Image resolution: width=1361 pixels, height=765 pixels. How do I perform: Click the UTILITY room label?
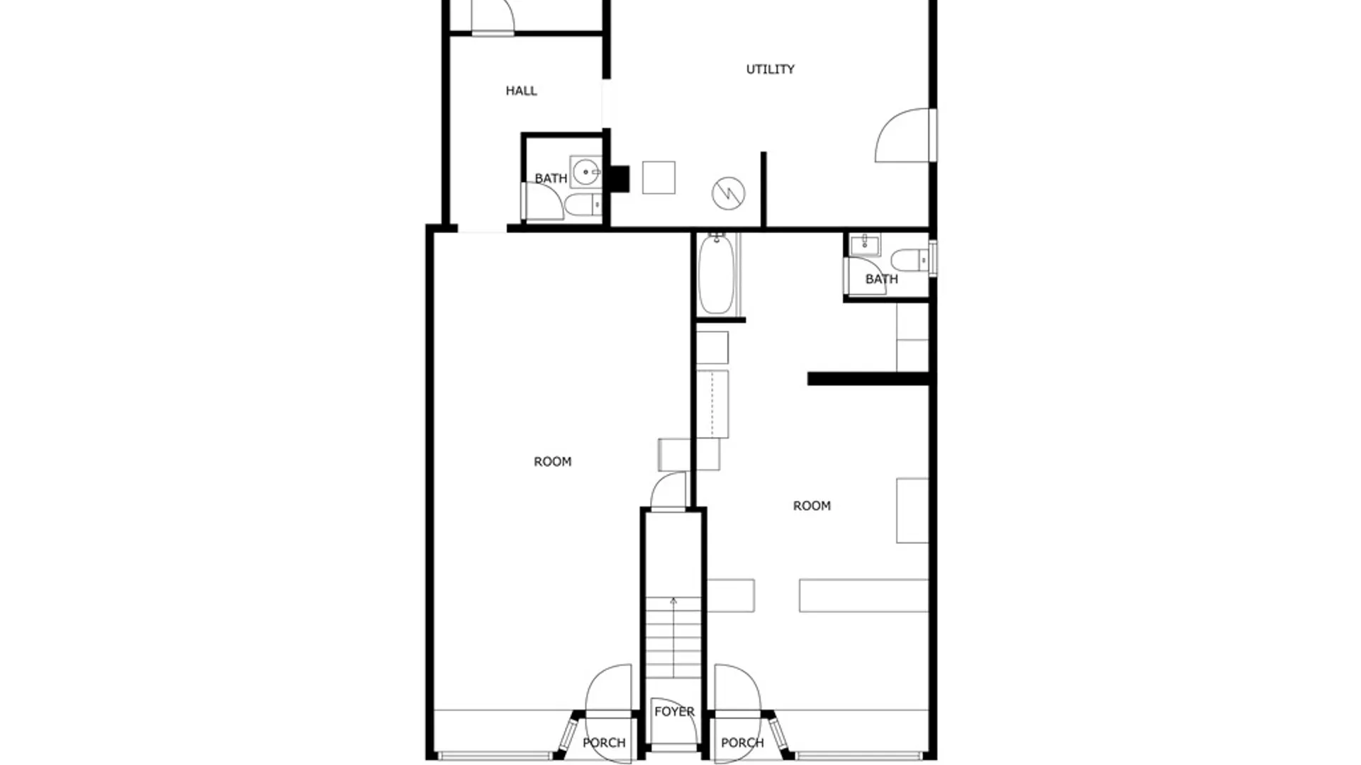point(770,69)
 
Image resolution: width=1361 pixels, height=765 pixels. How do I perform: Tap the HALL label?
point(521,91)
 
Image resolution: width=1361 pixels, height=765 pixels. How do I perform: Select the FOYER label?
point(674,711)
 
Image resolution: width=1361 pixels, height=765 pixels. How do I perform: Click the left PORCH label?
point(604,742)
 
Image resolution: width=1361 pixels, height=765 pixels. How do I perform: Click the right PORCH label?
point(742,742)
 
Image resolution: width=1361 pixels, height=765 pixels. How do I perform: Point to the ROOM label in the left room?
point(552,462)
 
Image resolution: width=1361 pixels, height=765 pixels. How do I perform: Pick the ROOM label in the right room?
point(812,506)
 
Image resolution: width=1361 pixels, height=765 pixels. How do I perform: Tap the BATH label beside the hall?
point(551,178)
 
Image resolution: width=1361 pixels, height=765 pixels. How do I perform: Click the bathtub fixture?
point(717,273)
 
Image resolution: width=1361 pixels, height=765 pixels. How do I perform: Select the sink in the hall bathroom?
point(586,172)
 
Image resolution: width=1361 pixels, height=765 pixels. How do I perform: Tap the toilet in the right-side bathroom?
point(909,260)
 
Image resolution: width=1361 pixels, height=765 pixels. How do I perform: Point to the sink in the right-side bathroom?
point(865,245)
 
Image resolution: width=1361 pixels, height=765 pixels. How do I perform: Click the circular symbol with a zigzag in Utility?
point(729,193)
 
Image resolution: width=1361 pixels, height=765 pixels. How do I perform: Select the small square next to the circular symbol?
point(659,177)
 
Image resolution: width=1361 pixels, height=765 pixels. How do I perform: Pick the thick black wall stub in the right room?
point(868,379)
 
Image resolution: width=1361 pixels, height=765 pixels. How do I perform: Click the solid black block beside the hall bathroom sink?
point(620,179)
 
